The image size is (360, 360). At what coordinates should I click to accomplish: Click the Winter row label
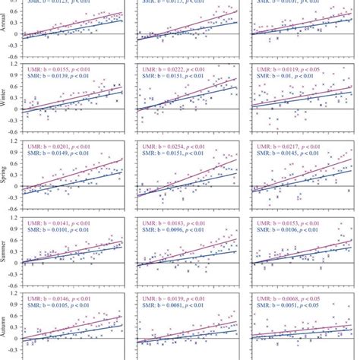[x=5, y=97]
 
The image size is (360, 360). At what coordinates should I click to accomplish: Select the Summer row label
[x=5, y=248]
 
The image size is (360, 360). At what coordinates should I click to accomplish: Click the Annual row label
[x=5, y=23]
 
